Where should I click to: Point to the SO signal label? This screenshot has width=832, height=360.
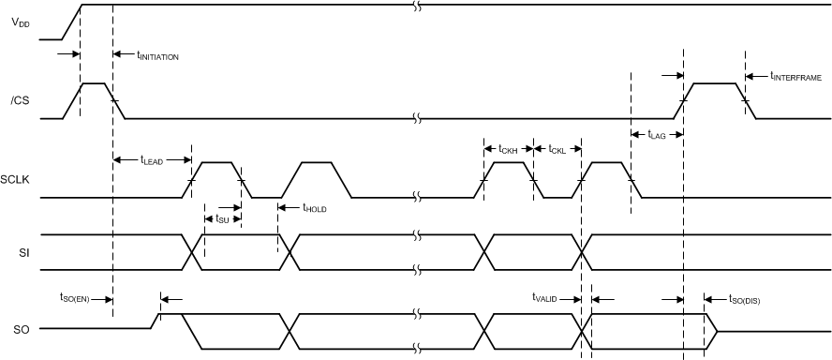(x=19, y=330)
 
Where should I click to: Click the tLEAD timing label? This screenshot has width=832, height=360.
(x=152, y=161)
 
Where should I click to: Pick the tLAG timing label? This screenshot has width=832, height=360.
(x=656, y=135)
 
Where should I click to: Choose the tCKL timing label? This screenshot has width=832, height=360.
(x=557, y=149)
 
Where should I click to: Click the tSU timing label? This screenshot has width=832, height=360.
(x=222, y=218)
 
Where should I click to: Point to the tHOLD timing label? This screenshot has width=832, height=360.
(x=315, y=208)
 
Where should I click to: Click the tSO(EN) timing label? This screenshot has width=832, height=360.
(x=73, y=298)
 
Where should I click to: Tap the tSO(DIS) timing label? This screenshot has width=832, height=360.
(x=745, y=300)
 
